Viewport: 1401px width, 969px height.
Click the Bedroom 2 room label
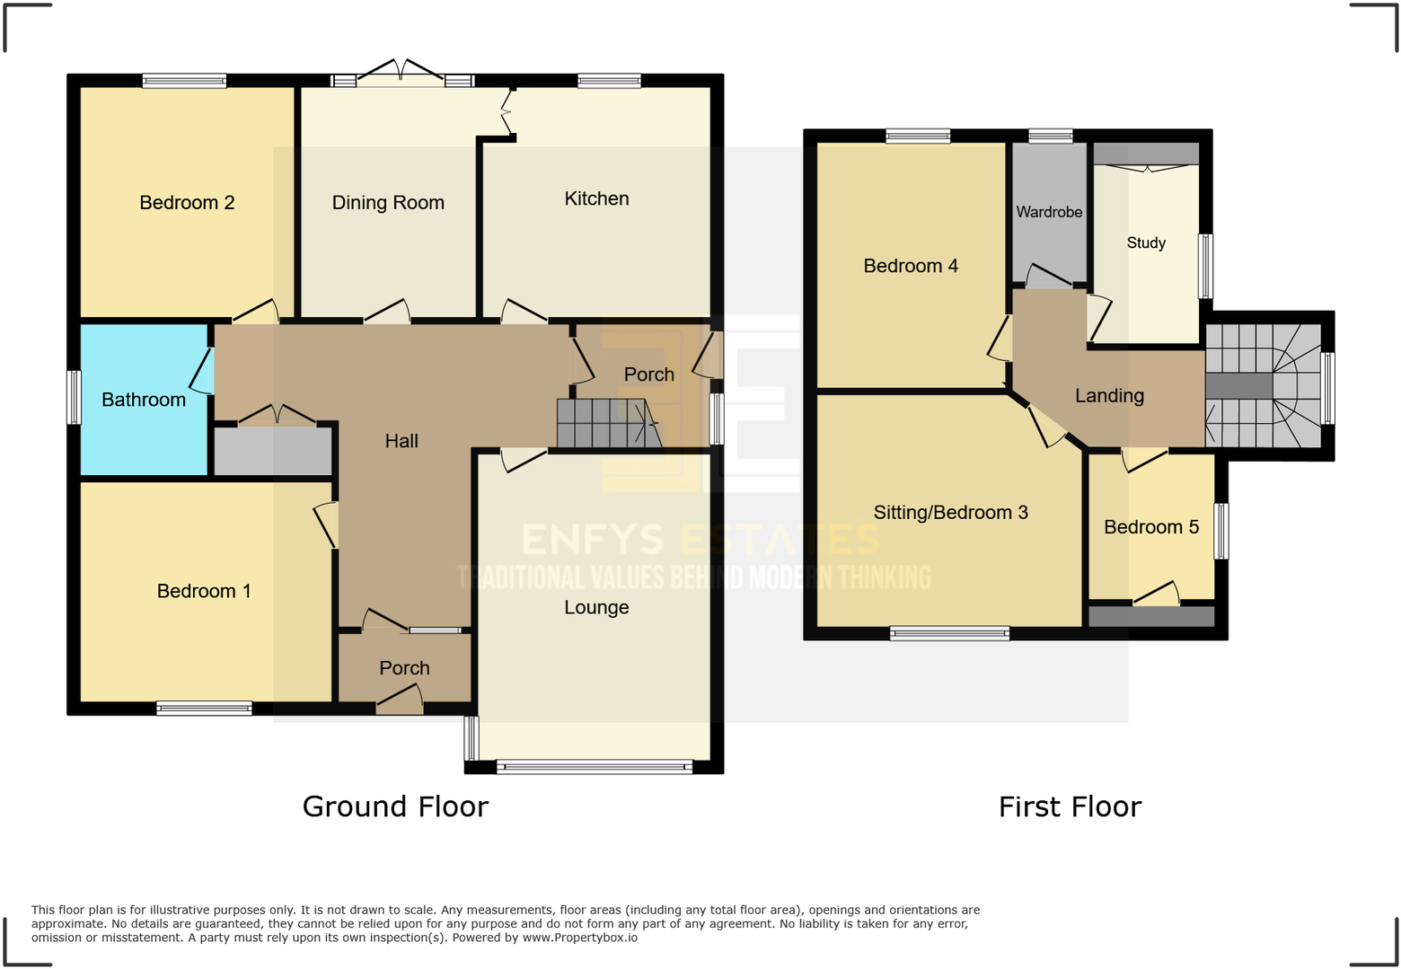187,203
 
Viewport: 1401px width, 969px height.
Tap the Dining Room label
388,203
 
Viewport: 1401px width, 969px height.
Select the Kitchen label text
596,198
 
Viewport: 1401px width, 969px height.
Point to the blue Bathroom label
144,400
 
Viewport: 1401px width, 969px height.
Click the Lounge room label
596,607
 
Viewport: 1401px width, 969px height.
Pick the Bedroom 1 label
204,591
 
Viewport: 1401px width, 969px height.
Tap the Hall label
401,441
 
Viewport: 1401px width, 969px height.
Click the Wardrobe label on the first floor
1049,212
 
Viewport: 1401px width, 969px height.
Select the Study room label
1146,242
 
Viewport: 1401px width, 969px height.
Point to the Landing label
1109,396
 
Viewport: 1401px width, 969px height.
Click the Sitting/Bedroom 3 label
950,513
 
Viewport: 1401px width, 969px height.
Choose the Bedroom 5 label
1151,527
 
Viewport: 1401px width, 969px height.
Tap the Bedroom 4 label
911,266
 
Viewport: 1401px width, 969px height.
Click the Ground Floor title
395,806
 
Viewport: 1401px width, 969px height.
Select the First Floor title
1070,806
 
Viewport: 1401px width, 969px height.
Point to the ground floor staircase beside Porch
607,423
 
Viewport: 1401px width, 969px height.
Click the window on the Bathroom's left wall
75,397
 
